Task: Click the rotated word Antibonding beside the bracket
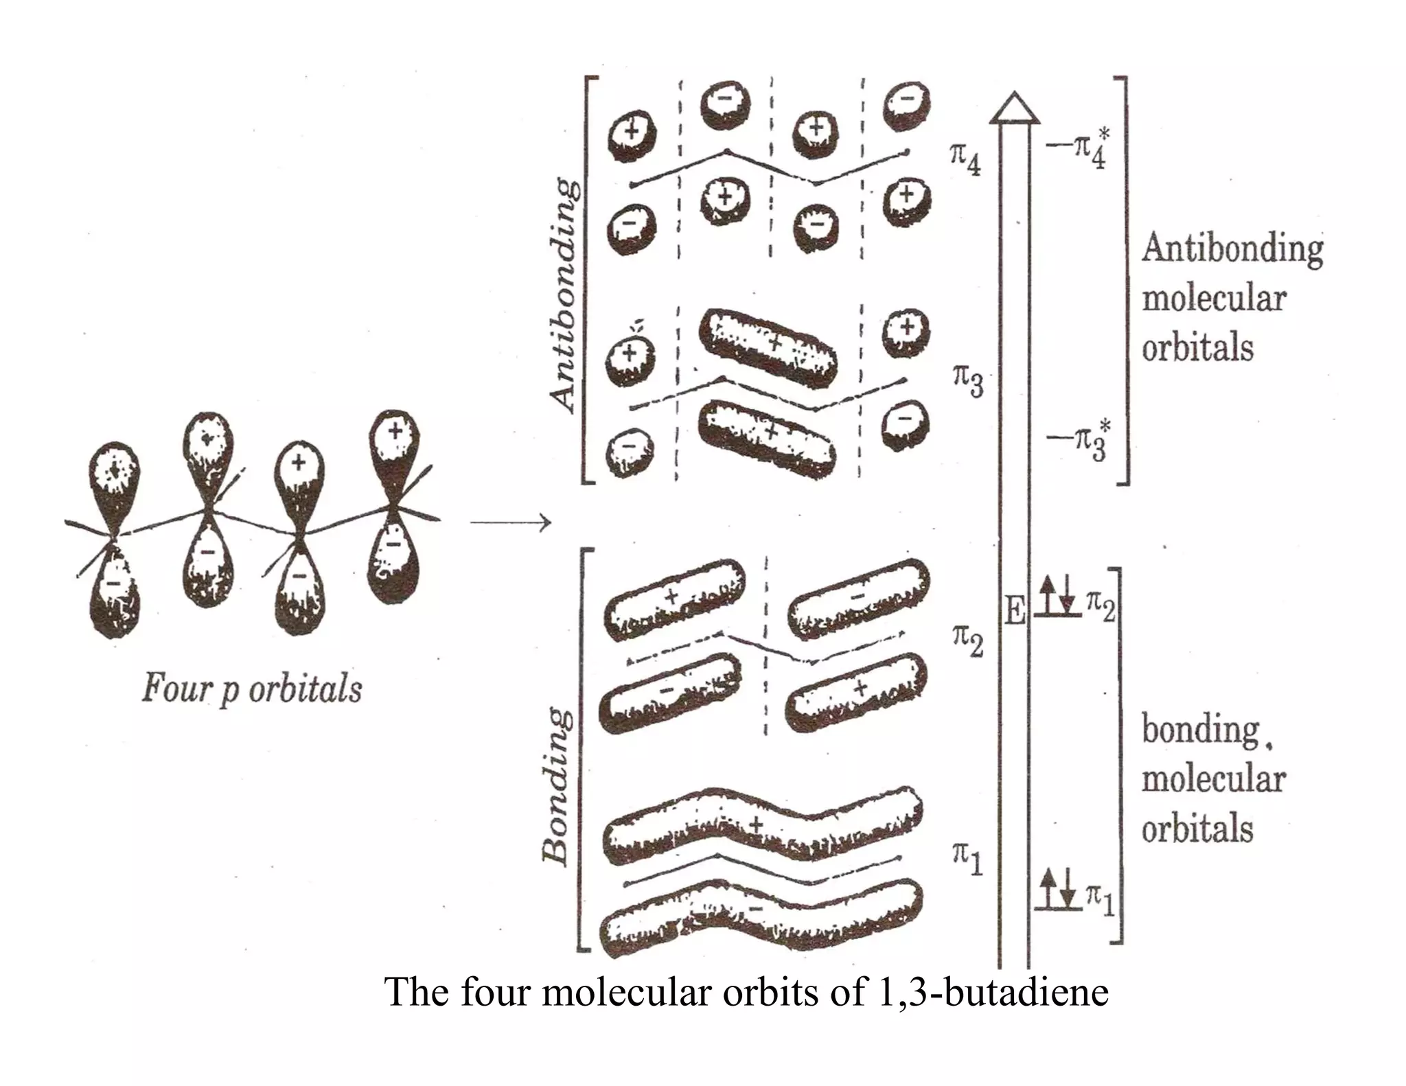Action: pos(563,295)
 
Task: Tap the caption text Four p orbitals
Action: pos(252,689)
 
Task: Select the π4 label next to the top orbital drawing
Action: pos(965,158)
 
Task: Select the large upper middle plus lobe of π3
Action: pos(769,347)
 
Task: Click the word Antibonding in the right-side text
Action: pos(1232,249)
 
